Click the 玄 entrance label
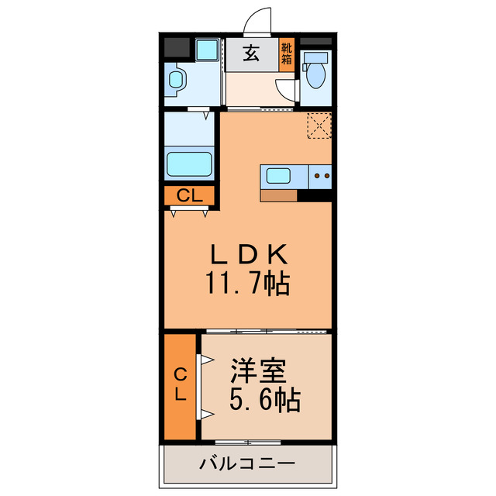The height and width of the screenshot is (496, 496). click(251, 54)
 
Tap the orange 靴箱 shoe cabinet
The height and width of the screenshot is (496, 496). click(287, 55)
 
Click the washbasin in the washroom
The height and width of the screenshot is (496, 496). click(176, 81)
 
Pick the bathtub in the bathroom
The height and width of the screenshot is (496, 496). click(190, 164)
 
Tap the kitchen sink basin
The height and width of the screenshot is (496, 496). click(279, 176)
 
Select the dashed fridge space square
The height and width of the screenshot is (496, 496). click(319, 125)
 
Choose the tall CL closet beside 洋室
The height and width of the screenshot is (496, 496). click(180, 384)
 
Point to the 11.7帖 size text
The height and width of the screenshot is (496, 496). click(247, 284)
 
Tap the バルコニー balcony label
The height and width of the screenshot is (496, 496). click(247, 465)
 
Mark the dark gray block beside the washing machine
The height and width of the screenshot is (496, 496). click(177, 48)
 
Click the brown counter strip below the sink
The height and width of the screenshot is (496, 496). click(279, 195)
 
